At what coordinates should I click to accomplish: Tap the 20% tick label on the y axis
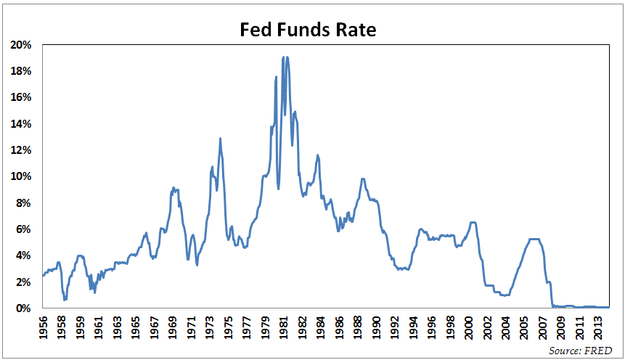tap(21, 45)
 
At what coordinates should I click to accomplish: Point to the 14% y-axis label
tap(21, 124)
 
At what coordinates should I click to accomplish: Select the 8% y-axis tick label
tap(23, 203)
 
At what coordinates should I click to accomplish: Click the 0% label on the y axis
tap(23, 308)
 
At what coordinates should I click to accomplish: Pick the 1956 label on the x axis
tap(44, 328)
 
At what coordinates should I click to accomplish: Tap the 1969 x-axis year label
tap(173, 328)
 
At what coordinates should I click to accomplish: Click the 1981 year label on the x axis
tap(284, 328)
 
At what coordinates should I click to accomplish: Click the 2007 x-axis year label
tap(543, 328)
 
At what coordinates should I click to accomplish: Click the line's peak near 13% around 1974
tap(220, 139)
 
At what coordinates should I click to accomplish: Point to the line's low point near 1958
tap(65, 299)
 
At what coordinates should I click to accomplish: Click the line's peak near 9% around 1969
tap(173, 188)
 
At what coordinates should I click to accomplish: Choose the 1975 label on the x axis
tap(229, 328)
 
